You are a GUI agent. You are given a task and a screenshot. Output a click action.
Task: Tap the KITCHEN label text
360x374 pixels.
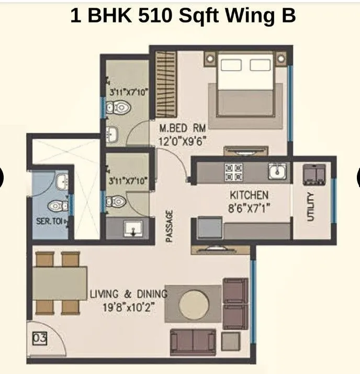point(249,195)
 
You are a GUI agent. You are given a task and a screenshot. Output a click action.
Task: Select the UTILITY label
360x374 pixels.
point(310,206)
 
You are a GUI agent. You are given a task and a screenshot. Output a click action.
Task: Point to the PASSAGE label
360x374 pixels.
point(170,226)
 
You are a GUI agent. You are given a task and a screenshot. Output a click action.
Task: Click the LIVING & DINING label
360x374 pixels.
point(128,294)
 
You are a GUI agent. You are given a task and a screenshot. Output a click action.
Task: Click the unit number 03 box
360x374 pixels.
point(40,338)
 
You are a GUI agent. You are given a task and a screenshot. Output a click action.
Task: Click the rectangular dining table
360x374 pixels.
point(60,283)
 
